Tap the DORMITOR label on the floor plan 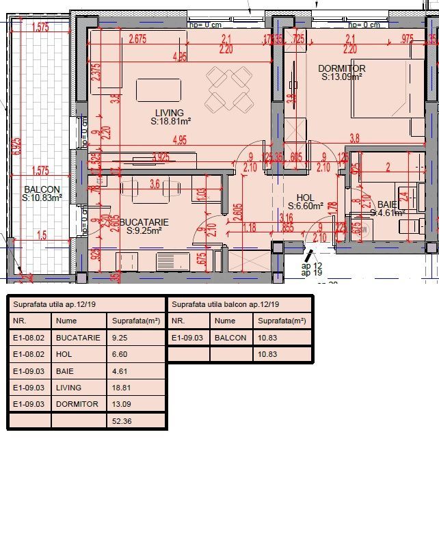pos(341,68)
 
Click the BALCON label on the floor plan pos(42,189)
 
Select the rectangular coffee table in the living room pos(159,90)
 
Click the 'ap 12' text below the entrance pos(311,265)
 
